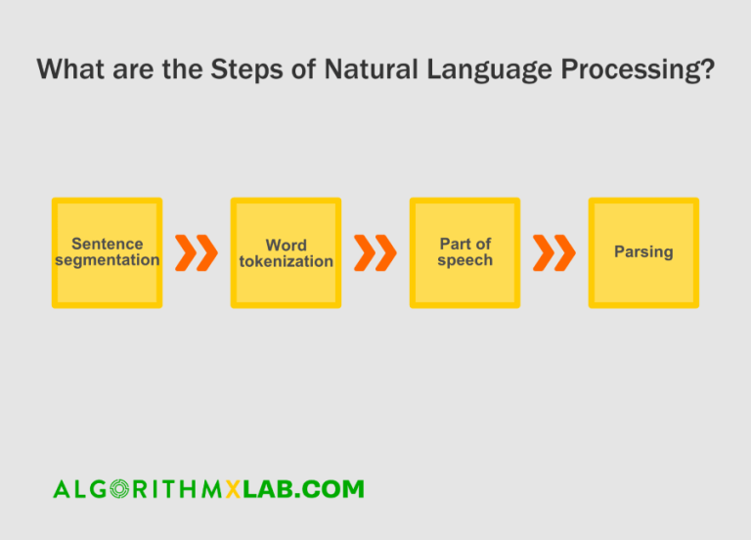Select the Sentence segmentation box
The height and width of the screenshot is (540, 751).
point(107,252)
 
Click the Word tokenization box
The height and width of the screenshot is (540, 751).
point(286,252)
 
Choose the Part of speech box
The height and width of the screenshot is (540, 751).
point(464,252)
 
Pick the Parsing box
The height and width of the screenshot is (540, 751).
point(643,252)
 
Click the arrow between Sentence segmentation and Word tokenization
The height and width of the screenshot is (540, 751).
point(197,252)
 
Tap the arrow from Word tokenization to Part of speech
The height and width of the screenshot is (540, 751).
point(375,252)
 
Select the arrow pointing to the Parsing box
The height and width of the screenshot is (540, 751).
point(554,252)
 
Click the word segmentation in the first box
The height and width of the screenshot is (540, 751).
point(107,260)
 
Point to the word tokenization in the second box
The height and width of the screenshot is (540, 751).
point(286,261)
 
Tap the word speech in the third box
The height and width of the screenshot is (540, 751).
point(464,260)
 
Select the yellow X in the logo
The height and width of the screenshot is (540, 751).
point(233,488)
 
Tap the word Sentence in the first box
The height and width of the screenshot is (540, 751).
point(107,244)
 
